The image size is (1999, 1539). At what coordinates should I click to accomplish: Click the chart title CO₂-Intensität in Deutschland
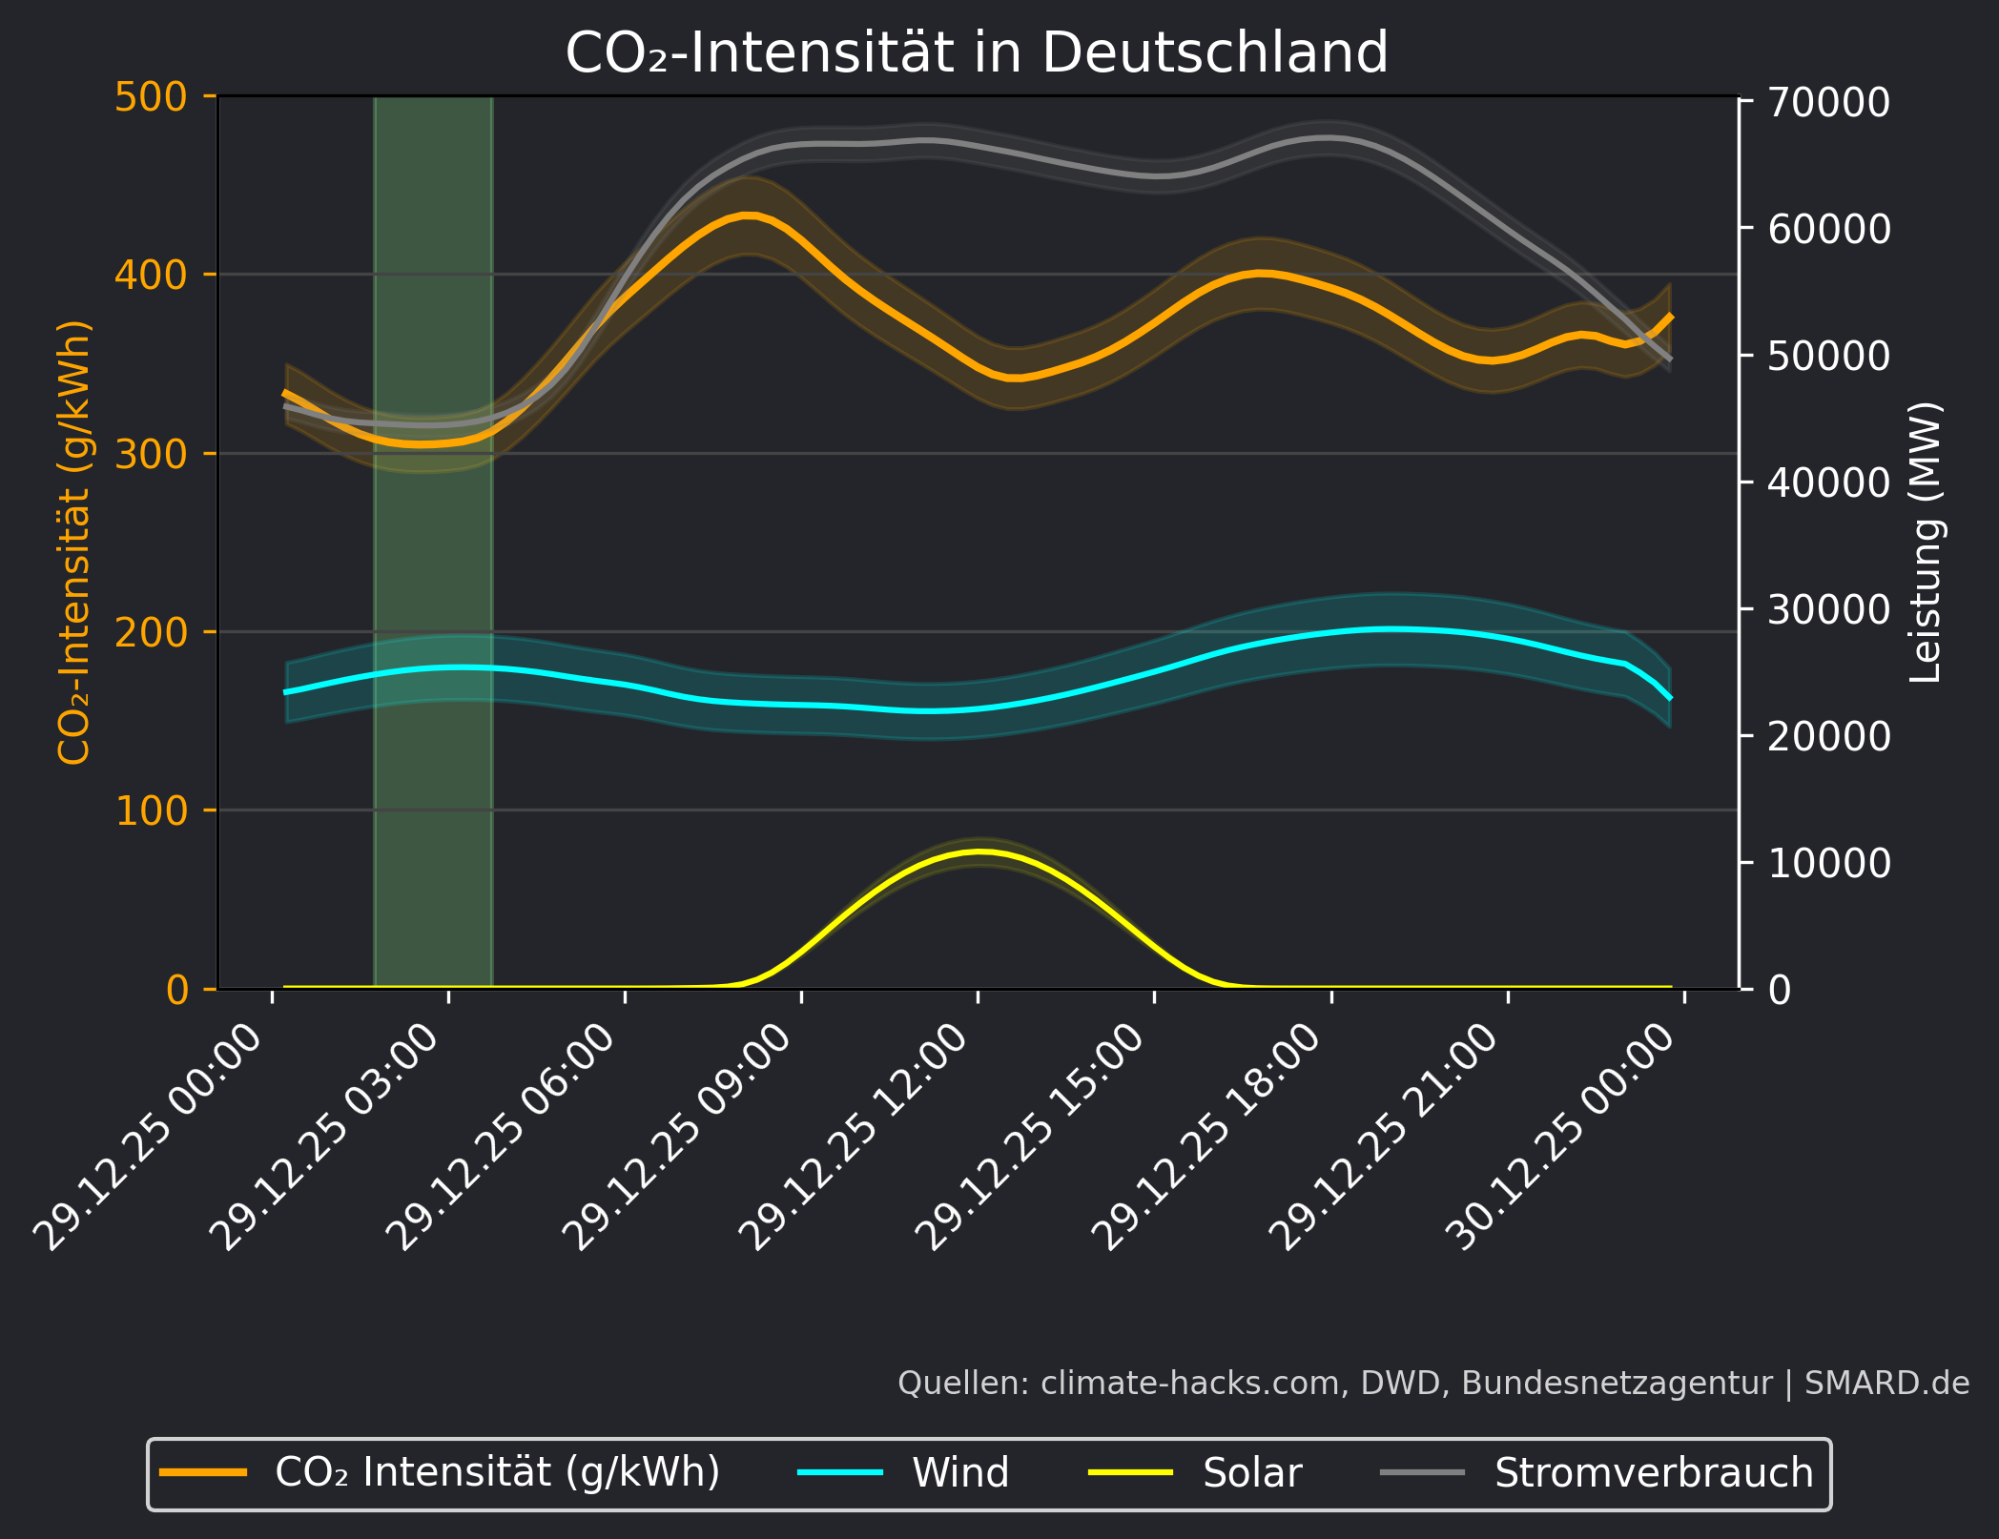pyautogui.click(x=977, y=52)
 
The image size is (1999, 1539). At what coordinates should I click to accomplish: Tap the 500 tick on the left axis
pyautogui.click(x=151, y=97)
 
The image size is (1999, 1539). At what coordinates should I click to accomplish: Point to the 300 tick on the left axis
pyautogui.click(x=151, y=454)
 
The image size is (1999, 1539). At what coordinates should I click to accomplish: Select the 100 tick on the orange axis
pyautogui.click(x=151, y=811)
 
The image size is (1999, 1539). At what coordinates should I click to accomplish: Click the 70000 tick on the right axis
pyautogui.click(x=1828, y=103)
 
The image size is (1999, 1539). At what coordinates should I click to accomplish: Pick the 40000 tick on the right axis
pyautogui.click(x=1828, y=482)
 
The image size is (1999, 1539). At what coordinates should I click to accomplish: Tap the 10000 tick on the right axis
pyautogui.click(x=1828, y=863)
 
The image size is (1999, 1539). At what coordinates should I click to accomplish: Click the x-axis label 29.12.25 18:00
pyautogui.click(x=1208, y=1137)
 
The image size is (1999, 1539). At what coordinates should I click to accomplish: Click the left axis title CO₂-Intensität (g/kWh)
pyautogui.click(x=74, y=542)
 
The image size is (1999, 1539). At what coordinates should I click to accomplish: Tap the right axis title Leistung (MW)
pyautogui.click(x=1926, y=542)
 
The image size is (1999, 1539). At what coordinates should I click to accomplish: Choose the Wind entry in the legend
pyautogui.click(x=959, y=1473)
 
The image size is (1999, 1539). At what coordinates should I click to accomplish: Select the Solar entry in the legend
pyautogui.click(x=1251, y=1473)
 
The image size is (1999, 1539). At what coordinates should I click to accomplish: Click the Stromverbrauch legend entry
pyautogui.click(x=1653, y=1473)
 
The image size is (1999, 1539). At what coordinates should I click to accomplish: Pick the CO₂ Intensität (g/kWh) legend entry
pyautogui.click(x=496, y=1473)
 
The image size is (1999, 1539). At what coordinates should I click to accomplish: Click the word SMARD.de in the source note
pyautogui.click(x=1886, y=1384)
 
